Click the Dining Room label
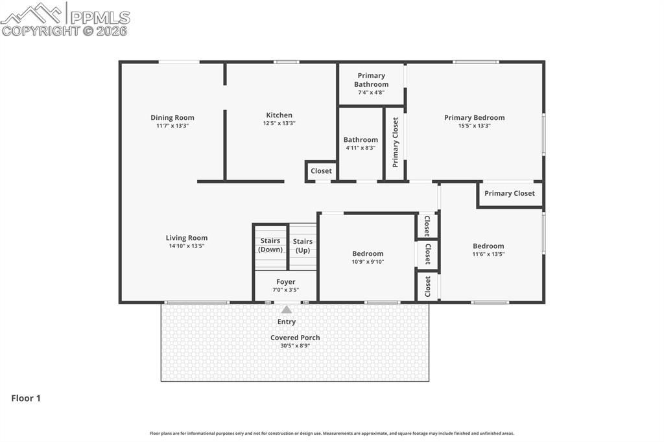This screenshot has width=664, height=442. tap(172, 118)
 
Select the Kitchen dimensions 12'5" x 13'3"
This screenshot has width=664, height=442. tap(279, 123)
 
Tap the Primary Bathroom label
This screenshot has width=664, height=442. tap(372, 80)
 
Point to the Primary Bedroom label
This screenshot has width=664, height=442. tap(474, 118)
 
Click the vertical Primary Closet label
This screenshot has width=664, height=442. tap(396, 143)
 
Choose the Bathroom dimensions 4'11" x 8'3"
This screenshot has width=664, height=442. tap(361, 148)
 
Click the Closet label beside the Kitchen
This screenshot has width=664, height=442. tap(321, 171)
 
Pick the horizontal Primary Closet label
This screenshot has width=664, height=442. tap(510, 193)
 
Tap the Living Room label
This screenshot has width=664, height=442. tap(187, 238)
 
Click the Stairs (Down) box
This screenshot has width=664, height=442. tap(270, 246)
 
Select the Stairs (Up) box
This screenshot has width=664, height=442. tap(303, 246)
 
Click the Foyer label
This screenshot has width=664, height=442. tap(285, 282)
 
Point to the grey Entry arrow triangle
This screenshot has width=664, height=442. tap(286, 310)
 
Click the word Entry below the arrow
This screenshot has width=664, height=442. tap(286, 321)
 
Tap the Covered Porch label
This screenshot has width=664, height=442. tap(295, 338)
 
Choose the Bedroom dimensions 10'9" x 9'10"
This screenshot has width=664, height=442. tap(368, 262)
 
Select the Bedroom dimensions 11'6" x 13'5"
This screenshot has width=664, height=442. tap(488, 254)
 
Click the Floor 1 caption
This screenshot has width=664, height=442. tap(26, 399)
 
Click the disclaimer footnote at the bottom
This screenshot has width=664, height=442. tap(332, 434)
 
